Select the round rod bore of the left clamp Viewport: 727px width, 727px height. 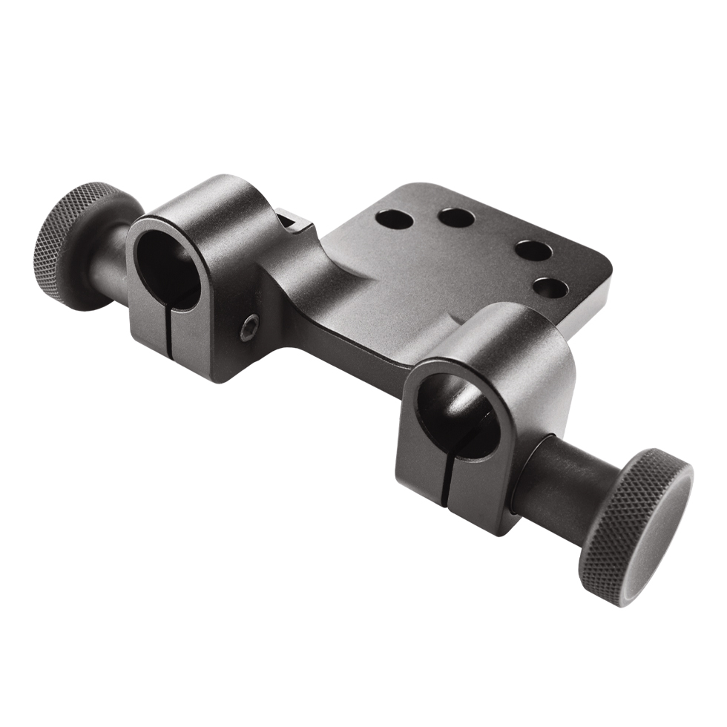click(x=170, y=271)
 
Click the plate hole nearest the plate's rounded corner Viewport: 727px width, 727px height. click(x=533, y=250)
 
